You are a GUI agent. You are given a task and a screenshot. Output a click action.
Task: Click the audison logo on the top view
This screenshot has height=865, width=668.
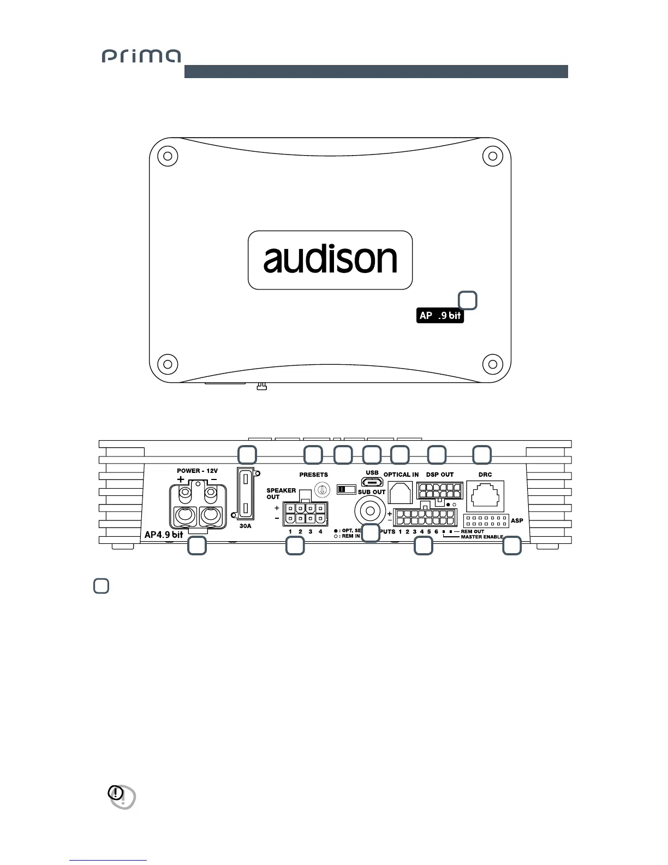330,260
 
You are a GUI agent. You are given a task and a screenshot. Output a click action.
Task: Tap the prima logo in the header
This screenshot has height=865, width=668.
141,56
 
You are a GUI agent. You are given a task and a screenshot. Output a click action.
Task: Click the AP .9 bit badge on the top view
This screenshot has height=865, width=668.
440,316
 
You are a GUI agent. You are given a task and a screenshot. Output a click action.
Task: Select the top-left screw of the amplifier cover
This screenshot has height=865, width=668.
168,157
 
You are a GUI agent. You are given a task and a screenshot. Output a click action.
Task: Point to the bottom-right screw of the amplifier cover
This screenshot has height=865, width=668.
492,363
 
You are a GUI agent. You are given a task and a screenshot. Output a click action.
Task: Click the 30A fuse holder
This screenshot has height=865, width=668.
246,493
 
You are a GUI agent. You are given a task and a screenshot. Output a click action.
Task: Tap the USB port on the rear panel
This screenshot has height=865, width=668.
372,482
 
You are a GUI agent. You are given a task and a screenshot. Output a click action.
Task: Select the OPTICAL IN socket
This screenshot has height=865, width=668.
400,493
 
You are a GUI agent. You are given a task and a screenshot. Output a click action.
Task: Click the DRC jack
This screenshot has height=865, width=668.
485,496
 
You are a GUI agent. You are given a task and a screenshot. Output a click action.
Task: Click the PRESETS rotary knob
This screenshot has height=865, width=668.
322,490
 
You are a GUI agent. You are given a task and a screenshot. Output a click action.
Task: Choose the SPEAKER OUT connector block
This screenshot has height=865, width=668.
305,513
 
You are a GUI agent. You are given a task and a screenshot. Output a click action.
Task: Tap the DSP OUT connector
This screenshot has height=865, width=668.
439,490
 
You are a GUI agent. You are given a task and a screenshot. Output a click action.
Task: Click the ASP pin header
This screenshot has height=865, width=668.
486,520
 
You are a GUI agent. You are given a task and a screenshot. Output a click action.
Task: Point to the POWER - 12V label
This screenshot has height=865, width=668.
197,471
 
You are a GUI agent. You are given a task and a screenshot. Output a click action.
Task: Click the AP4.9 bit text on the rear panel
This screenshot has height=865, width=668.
164,535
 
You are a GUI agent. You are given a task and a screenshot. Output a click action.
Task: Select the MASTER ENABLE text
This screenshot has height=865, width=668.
482,537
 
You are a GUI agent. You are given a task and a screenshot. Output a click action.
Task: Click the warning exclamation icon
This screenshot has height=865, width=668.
116,793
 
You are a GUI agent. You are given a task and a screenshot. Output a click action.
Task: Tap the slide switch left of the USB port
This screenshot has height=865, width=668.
347,489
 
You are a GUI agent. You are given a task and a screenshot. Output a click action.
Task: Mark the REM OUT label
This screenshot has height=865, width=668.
472,531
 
